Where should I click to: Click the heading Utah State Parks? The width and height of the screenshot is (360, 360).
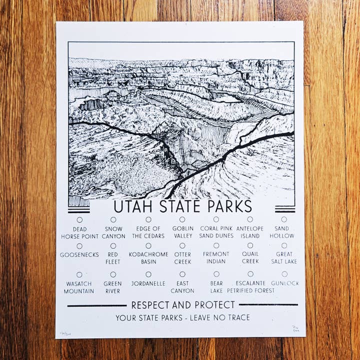tap(182, 206)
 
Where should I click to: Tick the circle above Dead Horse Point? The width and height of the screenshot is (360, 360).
tap(79, 219)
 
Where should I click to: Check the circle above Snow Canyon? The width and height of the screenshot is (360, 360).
tap(113, 219)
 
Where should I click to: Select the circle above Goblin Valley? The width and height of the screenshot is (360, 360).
tap(182, 219)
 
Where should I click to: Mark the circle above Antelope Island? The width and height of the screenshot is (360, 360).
tap(250, 219)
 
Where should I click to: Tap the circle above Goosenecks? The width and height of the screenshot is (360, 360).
tap(79, 245)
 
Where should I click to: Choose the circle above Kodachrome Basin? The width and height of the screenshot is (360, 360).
tap(148, 245)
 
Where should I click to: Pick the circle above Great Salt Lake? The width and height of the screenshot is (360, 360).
tap(284, 245)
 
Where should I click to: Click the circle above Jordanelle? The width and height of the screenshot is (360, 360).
tap(148, 274)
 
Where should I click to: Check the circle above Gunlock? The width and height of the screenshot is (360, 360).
tap(284, 274)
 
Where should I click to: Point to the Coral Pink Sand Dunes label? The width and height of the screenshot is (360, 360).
tap(216, 232)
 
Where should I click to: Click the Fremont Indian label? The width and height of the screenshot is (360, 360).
tap(216, 257)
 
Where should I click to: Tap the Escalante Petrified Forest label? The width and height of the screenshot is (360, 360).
tap(250, 286)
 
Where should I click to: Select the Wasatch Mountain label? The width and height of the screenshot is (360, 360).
tap(79, 287)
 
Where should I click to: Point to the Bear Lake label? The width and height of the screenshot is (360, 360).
tap(216, 287)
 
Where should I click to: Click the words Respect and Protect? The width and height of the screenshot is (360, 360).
tap(183, 305)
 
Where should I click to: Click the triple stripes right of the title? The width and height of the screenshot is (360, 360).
tap(284, 209)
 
